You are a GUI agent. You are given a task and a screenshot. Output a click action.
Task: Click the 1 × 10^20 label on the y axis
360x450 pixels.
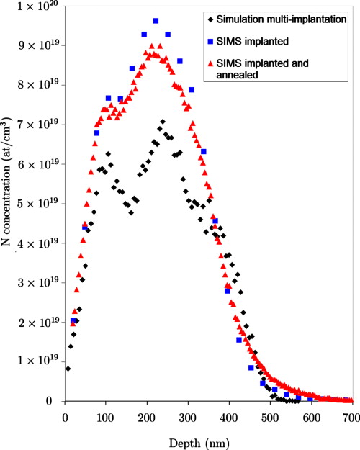tap(42, 6)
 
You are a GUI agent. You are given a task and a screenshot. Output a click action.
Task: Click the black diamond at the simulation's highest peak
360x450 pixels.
tap(163, 122)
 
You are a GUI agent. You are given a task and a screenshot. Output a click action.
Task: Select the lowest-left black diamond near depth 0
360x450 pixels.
tap(68, 369)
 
